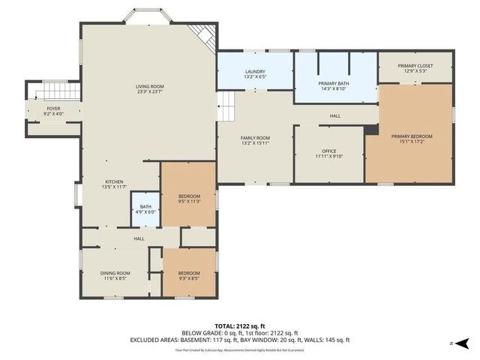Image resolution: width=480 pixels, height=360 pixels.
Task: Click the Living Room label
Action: click(150, 89)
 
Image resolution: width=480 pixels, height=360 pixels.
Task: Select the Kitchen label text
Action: click(114, 184)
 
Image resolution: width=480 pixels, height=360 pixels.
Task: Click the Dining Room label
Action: click(115, 275)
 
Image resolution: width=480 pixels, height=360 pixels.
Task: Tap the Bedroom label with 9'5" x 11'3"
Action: click(188, 199)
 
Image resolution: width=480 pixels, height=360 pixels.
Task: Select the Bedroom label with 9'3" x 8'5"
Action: click(188, 275)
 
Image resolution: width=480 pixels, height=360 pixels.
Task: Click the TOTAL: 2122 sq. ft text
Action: click(240, 326)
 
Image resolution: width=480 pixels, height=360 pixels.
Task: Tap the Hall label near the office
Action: click(334, 115)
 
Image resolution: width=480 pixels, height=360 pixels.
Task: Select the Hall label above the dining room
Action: click(139, 238)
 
